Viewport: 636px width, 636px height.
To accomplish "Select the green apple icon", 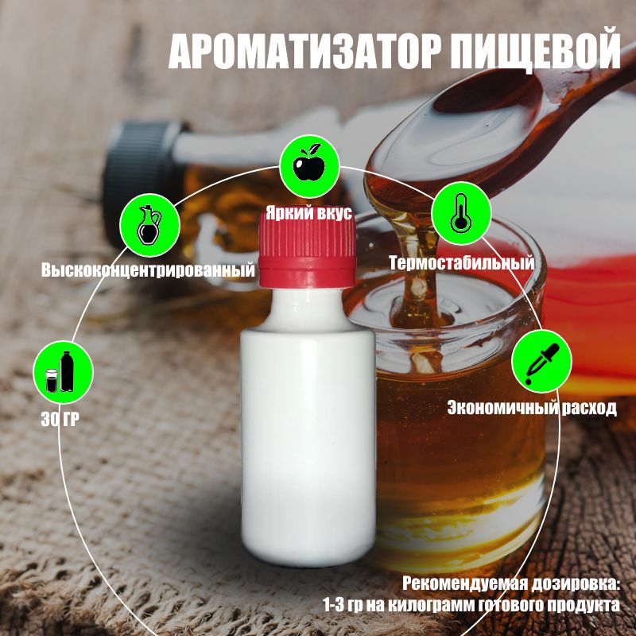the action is click(x=309, y=165).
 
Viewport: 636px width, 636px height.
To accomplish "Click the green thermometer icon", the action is click(x=461, y=213).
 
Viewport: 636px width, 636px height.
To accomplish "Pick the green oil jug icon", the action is click(x=149, y=225).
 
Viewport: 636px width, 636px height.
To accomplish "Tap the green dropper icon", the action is click(x=541, y=361).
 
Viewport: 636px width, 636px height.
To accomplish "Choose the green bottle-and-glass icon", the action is click(x=63, y=371).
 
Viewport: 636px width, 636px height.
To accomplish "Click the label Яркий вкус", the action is click(x=308, y=213).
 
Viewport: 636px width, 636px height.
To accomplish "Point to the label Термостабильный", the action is click(x=461, y=263).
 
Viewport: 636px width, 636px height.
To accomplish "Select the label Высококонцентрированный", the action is click(x=148, y=270).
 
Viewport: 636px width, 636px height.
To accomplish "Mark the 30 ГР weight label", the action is click(x=60, y=419).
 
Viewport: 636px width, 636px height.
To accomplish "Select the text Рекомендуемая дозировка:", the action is click(x=511, y=584).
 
